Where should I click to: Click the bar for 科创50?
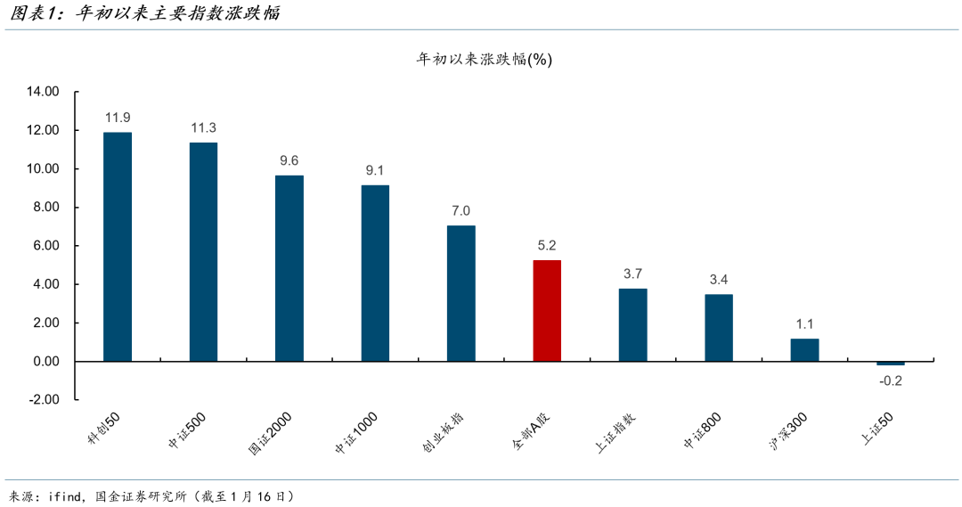[118, 247]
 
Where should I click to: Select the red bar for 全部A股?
[547, 311]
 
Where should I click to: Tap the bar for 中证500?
[203, 252]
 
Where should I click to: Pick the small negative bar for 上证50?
[890, 364]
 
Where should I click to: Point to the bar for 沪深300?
[804, 350]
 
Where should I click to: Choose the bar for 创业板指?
[461, 293]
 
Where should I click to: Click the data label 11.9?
[118, 118]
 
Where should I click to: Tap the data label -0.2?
[890, 380]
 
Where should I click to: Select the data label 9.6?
[289, 160]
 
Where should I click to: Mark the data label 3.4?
[719, 280]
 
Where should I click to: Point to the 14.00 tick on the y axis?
[43, 92]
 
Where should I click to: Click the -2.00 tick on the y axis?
[43, 400]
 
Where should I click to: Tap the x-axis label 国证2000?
[271, 432]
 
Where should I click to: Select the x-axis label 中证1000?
[356, 432]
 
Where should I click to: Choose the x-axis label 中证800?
[703, 429]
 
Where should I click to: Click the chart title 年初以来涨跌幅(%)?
[485, 59]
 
